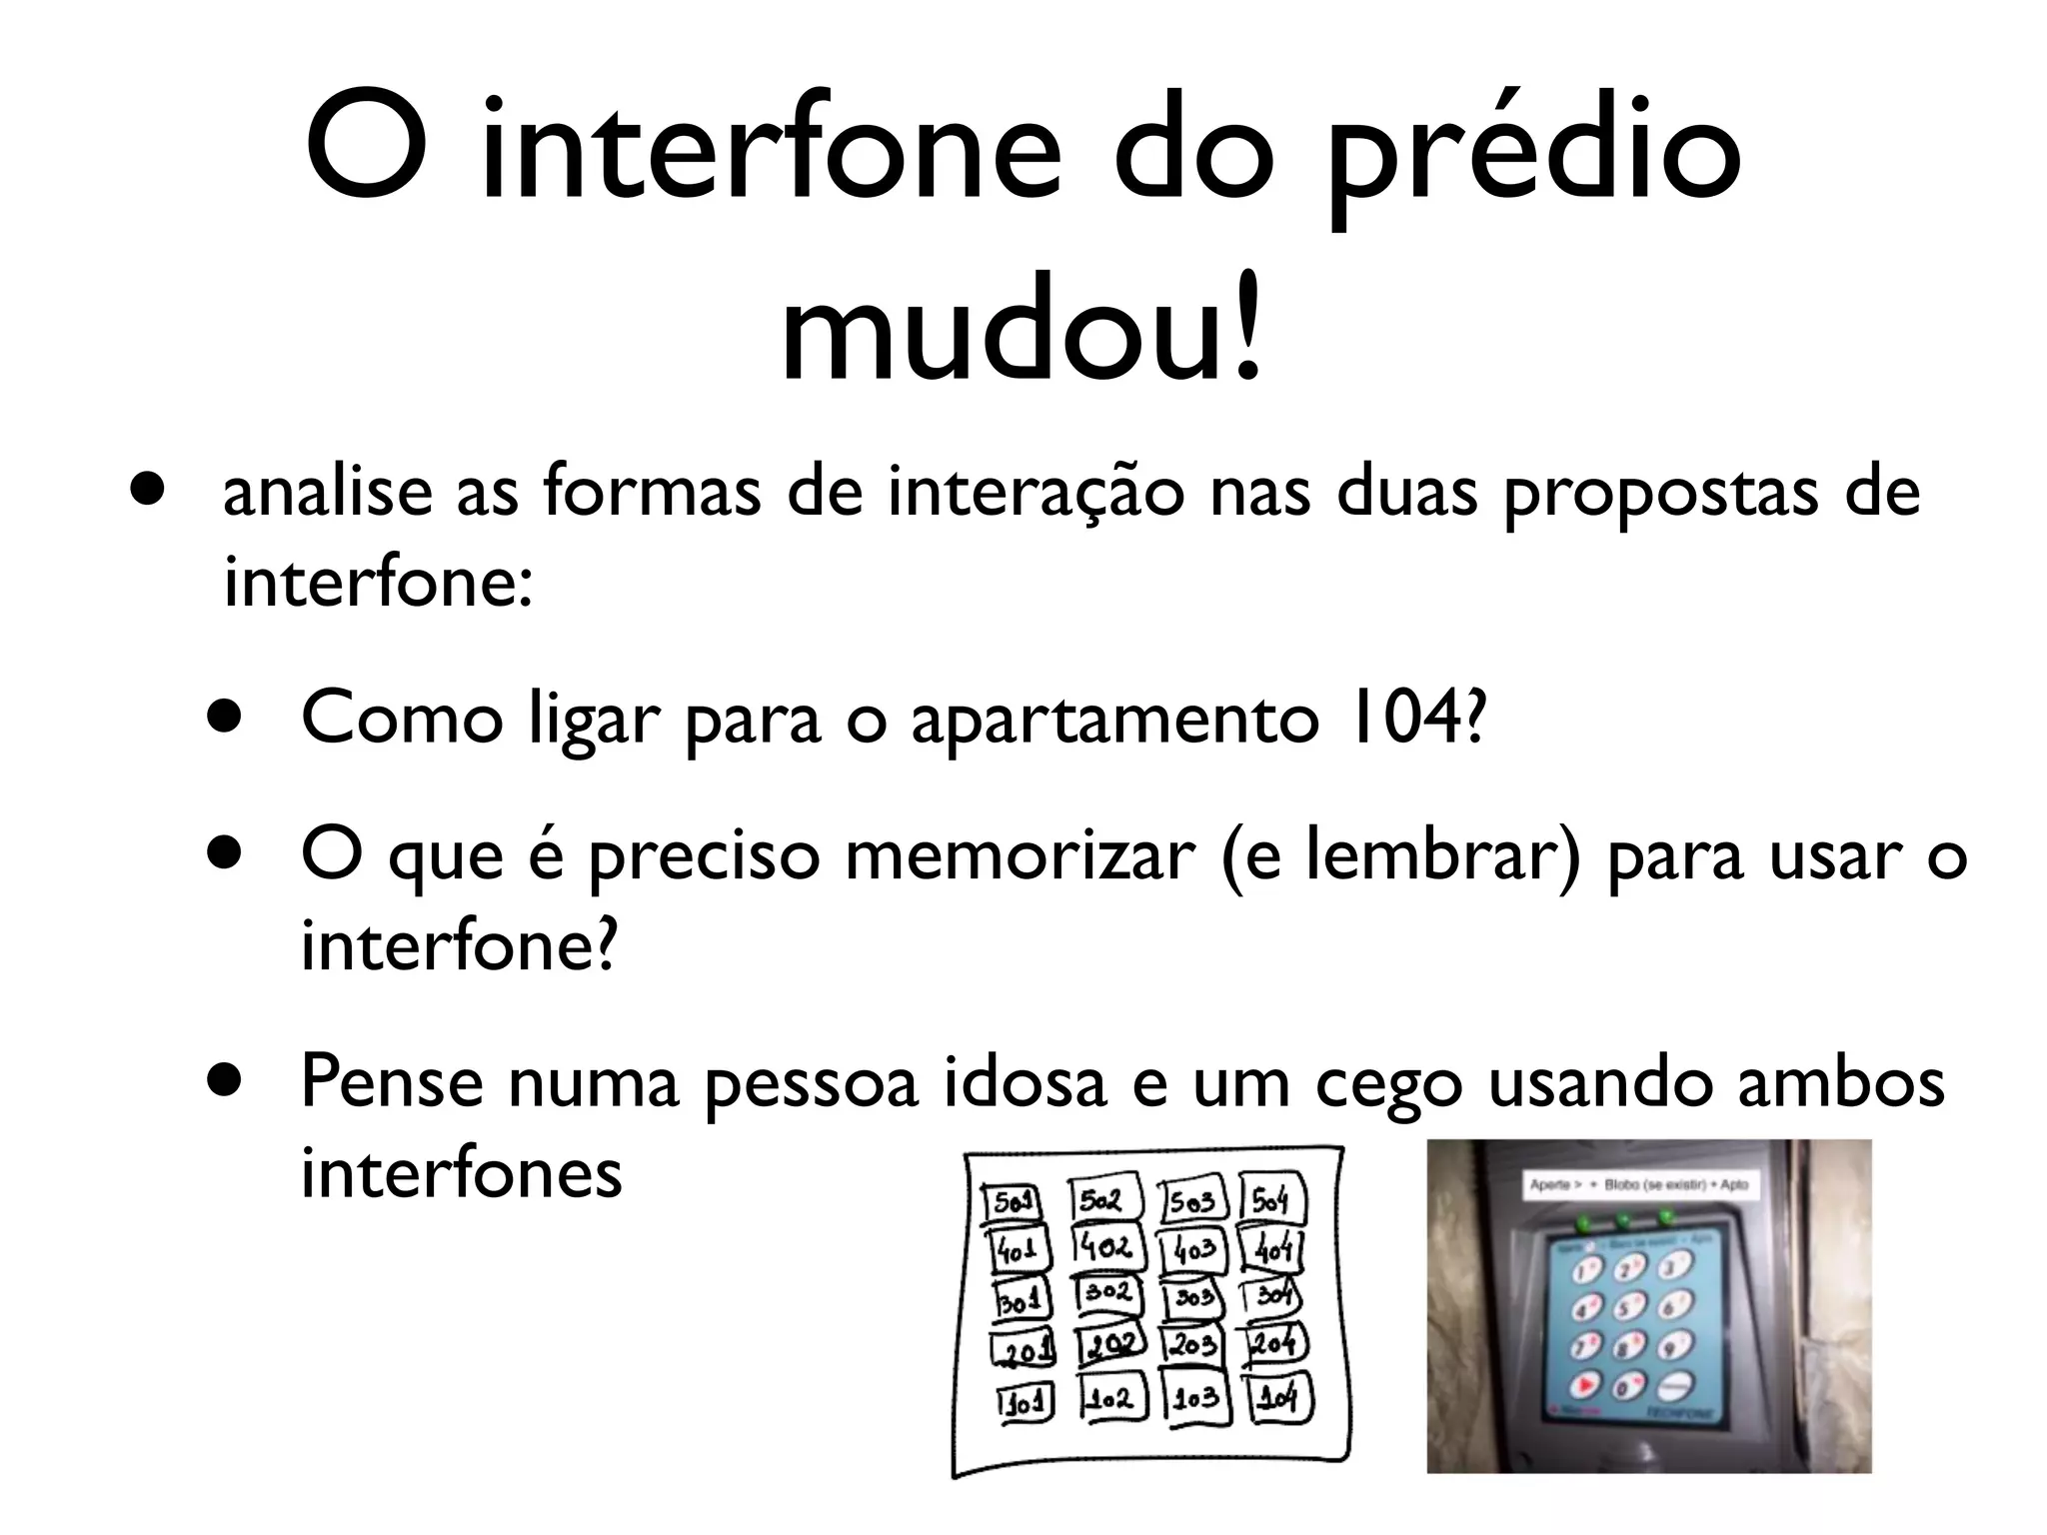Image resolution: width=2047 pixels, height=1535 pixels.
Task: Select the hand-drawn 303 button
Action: (x=1193, y=1298)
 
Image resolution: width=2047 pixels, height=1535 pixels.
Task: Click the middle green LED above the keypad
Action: (x=1622, y=1220)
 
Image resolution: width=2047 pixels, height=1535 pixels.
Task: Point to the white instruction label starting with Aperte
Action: (x=1639, y=1185)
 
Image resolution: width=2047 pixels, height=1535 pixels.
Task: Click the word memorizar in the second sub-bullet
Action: (x=1020, y=856)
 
